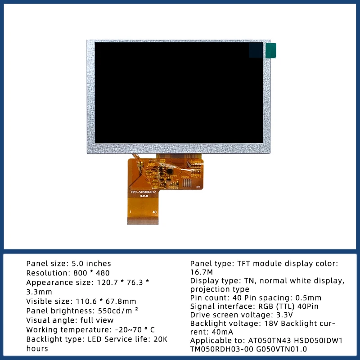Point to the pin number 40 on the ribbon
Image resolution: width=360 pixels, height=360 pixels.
[x=154, y=211]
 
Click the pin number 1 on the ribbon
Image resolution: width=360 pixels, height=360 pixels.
[x=130, y=211]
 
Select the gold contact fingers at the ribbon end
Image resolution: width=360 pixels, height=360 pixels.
[x=143, y=221]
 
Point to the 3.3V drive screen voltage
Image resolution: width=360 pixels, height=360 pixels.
[x=283, y=315]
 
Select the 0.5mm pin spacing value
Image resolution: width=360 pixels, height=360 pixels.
[x=308, y=297]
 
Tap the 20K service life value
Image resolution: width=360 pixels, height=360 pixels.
[x=161, y=339]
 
